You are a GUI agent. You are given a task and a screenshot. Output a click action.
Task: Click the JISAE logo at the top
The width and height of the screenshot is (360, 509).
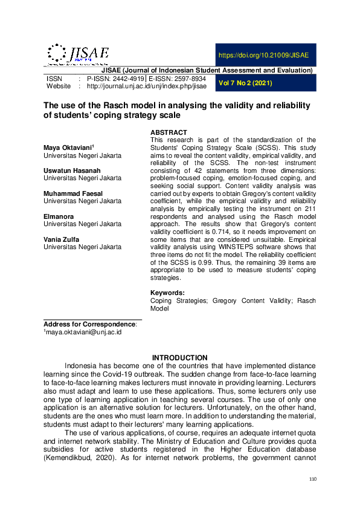77,54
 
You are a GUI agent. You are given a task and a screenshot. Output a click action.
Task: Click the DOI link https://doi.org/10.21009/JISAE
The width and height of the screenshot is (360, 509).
263,55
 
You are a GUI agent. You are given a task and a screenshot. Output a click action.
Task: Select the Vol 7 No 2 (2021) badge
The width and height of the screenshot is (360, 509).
245,83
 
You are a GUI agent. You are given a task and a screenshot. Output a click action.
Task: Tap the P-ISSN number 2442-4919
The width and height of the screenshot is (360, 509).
115,79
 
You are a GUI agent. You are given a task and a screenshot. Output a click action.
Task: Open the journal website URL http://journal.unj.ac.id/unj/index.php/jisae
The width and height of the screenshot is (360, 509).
147,87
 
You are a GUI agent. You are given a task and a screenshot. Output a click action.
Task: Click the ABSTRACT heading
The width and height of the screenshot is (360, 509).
169,132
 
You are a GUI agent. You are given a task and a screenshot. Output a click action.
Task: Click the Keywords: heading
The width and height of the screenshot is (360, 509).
167,293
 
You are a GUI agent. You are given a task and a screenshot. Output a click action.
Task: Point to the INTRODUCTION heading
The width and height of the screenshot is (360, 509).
179,358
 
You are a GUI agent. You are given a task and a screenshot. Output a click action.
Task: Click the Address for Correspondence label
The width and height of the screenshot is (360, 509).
90,324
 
